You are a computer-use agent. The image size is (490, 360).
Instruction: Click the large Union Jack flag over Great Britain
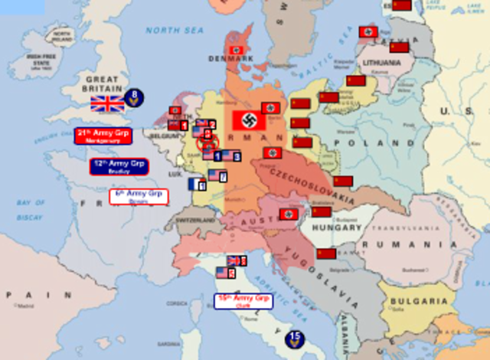107,103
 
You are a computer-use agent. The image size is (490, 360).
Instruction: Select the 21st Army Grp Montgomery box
103,136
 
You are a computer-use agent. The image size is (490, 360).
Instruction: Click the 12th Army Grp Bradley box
119,166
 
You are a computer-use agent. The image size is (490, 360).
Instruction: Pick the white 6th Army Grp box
139,196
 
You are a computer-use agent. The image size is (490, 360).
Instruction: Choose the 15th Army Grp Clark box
243,300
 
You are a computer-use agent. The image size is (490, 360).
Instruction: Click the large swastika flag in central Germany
249,120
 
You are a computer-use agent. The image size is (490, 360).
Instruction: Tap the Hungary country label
336,227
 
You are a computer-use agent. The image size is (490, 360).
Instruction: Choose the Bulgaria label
419,301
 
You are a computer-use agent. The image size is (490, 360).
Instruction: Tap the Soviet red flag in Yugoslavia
327,254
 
